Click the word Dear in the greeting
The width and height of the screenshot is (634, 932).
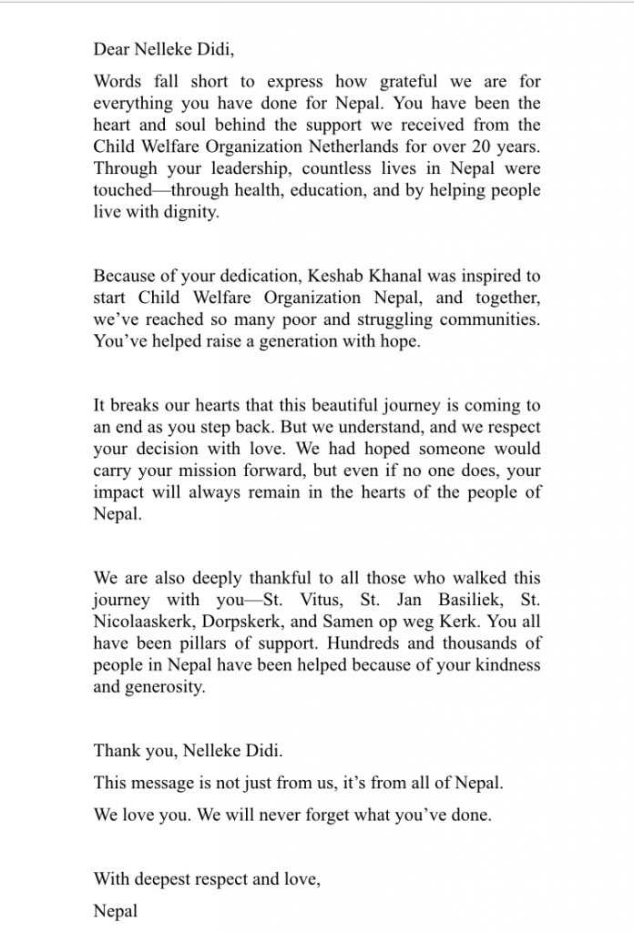click(x=110, y=51)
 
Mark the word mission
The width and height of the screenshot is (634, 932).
click(x=223, y=471)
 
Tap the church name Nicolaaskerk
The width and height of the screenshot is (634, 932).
click(x=143, y=623)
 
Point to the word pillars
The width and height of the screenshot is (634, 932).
click(x=214, y=644)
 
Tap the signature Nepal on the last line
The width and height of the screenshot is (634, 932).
click(x=116, y=911)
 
